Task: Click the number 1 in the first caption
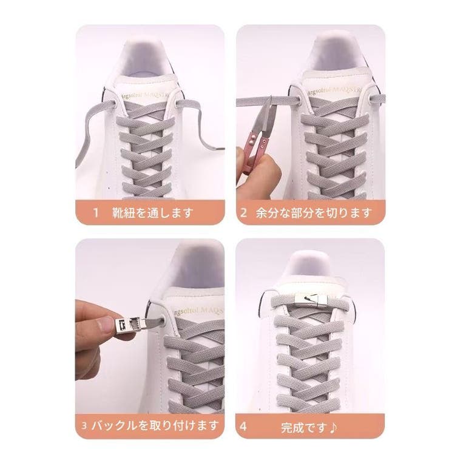coord(96,213)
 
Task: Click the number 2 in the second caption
coord(243,213)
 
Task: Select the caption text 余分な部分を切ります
coord(314,213)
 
